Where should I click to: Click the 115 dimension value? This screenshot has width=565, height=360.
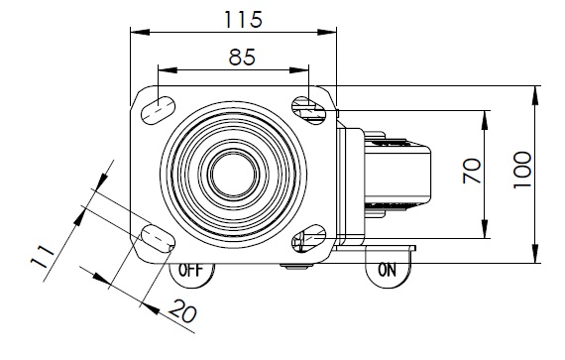243,20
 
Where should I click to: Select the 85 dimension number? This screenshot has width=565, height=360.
242,57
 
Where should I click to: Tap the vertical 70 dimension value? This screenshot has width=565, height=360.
472,171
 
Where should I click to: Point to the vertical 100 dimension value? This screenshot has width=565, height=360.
522,170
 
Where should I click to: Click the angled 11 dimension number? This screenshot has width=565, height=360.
43,257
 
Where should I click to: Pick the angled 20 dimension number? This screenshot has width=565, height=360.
183,311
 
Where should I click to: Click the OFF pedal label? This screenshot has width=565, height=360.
191,271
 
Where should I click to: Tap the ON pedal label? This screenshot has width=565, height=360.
387,270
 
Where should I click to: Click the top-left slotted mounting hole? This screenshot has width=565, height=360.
158,110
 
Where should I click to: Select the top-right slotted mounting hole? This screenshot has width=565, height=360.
308,110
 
